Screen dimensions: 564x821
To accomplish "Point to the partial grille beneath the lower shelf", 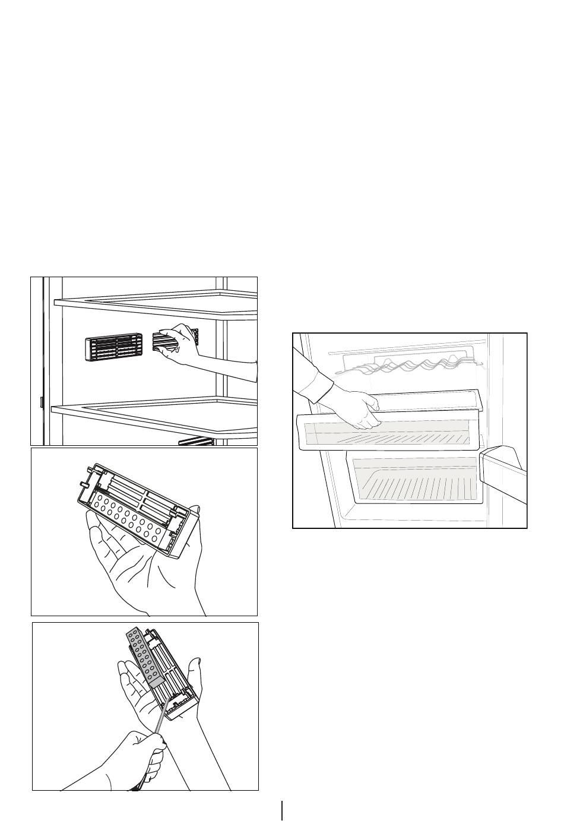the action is pos(196,441).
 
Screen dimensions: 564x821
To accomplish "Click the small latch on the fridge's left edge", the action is pos(41,402).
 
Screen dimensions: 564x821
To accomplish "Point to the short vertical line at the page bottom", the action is pos(283,810).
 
